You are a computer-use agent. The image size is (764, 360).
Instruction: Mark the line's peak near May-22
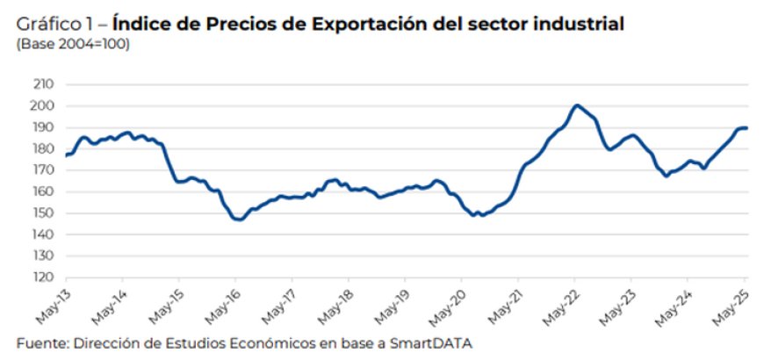576,105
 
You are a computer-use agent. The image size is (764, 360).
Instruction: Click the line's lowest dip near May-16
238,220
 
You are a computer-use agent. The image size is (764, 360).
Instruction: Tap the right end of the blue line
746,128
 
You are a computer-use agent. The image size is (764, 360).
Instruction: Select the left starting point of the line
66,155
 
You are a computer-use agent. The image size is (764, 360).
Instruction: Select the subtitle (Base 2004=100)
73,44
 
